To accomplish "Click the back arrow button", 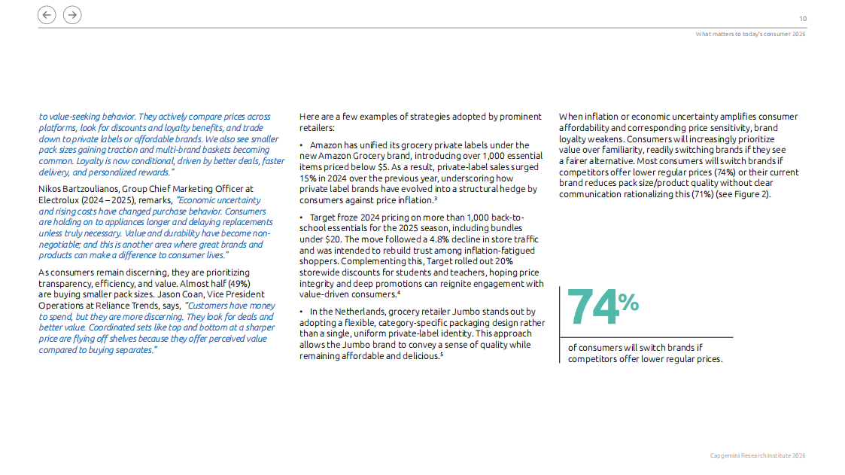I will (x=47, y=15).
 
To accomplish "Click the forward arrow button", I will (x=72, y=15).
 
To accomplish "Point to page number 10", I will (x=802, y=19).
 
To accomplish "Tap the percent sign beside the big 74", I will (x=628, y=302).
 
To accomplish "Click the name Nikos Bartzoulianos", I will (x=74, y=189).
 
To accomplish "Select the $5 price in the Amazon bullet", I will (x=384, y=167).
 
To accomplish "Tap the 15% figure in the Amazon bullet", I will (x=308, y=178).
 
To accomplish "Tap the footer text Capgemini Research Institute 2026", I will (x=758, y=456).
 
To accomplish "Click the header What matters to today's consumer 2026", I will (x=750, y=34).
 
